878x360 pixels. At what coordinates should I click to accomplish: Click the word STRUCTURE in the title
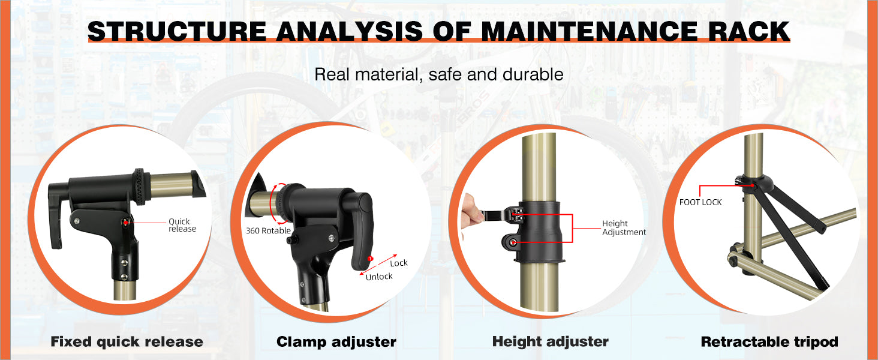click(177, 31)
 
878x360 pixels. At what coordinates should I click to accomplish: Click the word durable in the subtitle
click(533, 74)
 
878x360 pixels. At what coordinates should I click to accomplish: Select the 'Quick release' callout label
click(182, 225)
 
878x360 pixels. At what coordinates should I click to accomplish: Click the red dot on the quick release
click(125, 223)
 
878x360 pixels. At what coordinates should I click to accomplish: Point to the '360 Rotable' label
click(268, 230)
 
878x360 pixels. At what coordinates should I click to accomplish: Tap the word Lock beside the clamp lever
click(399, 263)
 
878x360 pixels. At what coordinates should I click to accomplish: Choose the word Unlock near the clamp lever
click(379, 277)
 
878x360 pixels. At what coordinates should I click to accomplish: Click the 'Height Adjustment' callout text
click(624, 228)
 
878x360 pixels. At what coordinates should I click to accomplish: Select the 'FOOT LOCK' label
click(700, 202)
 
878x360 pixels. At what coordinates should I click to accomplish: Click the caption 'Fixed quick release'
click(127, 341)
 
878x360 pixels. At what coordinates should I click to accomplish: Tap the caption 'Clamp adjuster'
click(336, 341)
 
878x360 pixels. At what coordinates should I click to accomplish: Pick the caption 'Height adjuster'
click(551, 341)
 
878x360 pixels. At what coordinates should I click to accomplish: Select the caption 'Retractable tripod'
click(769, 341)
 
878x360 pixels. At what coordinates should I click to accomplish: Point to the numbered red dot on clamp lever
click(370, 259)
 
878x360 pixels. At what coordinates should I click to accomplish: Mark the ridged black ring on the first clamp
click(139, 187)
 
